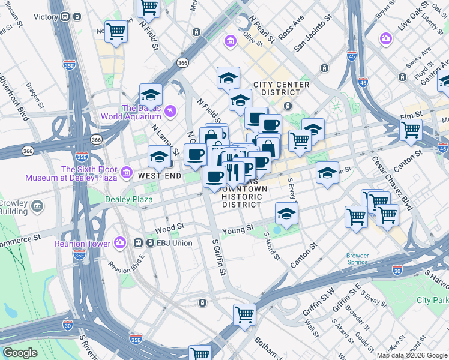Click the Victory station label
[45, 17]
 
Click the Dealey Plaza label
[128, 199]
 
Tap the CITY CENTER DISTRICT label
[281, 88]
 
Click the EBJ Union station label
[174, 243]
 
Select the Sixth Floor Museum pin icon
[126, 173]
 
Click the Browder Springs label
[357, 259]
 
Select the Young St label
[238, 229]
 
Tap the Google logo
[20, 353]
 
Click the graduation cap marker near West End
[158, 157]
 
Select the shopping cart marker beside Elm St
[411, 129]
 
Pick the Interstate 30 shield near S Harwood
[397, 271]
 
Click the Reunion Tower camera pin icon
[120, 243]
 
